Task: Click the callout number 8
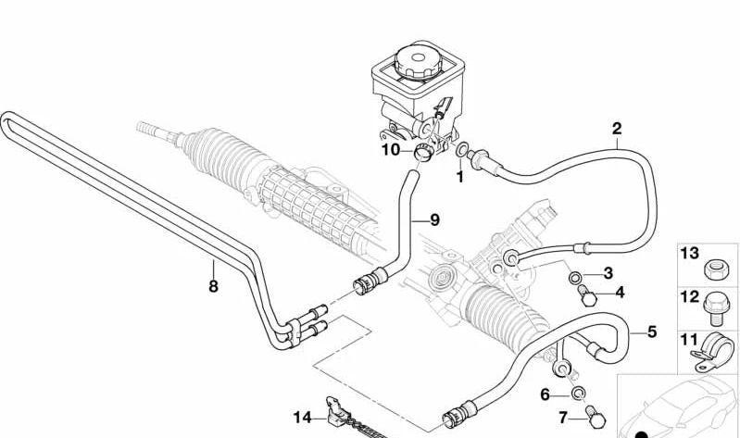coord(213,286)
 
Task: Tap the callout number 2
coord(617,129)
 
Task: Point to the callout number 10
coord(390,148)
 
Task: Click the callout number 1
coord(458,174)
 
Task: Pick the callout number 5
coord(651,331)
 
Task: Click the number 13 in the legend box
coord(690,254)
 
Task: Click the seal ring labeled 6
coord(577,395)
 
